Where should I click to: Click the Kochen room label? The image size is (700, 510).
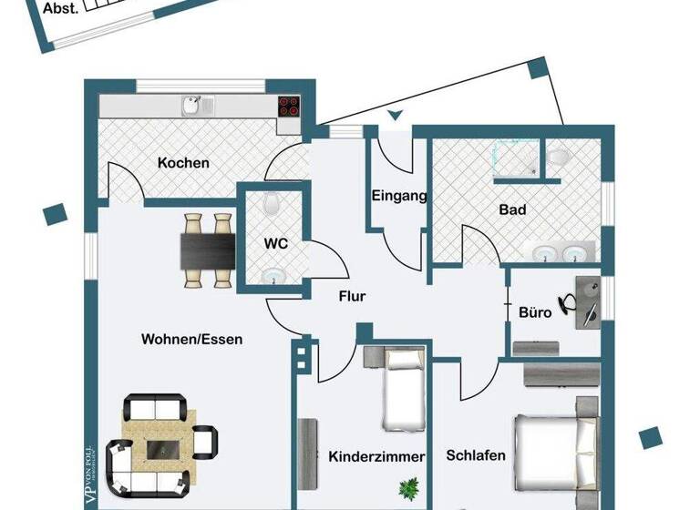[183, 163]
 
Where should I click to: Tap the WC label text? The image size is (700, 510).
[276, 244]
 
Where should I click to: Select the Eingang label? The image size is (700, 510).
[399, 195]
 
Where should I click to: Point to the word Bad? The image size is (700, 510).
[512, 209]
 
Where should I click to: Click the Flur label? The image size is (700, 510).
[352, 296]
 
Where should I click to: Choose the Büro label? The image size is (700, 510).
[535, 311]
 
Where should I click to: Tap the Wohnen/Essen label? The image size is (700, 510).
[191, 339]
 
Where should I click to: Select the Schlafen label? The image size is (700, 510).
[476, 454]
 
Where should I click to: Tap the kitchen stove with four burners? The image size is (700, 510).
[289, 106]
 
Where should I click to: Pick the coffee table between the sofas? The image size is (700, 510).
[165, 447]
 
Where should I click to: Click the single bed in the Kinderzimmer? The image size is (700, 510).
[401, 389]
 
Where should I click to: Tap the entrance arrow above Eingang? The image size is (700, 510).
[394, 116]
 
